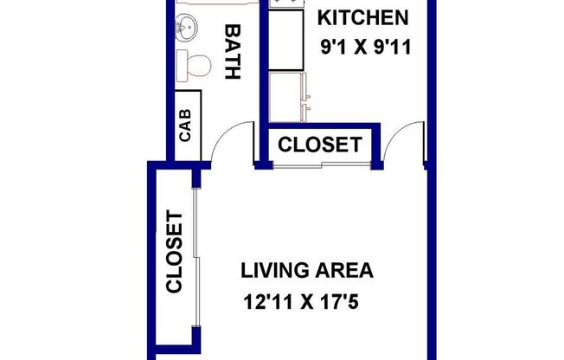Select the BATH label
(232, 52)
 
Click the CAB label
(185, 123)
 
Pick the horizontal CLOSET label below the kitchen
(320, 145)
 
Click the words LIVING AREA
(307, 271)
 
